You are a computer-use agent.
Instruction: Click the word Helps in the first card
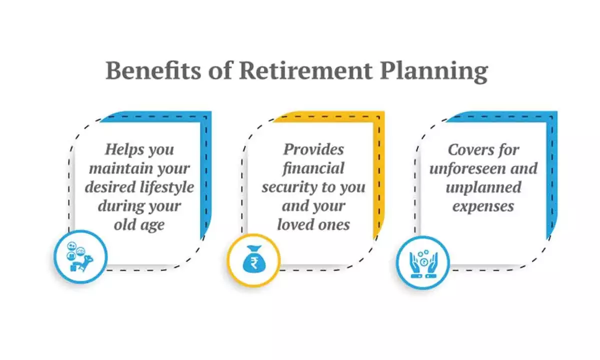[x=123, y=149]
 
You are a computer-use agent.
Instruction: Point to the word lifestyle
[x=161, y=187]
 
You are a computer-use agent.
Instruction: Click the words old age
[x=139, y=224]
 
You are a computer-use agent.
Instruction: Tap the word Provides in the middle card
[x=313, y=149]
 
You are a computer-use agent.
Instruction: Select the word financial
[x=313, y=168]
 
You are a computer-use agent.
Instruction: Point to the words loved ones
[x=313, y=224]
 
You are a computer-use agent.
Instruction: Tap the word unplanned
[x=483, y=187]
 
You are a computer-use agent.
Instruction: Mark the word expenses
[x=483, y=205]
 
